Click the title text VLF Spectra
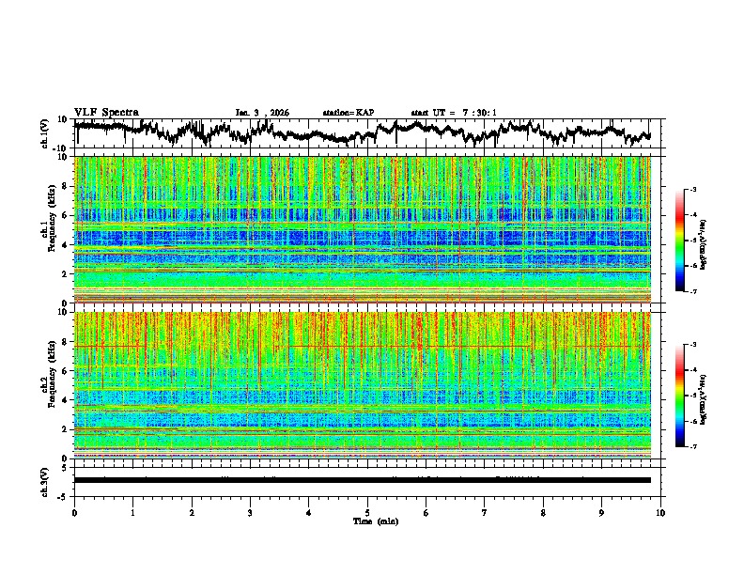tap(106, 112)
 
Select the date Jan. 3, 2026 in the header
tap(262, 113)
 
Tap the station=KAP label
tap(349, 113)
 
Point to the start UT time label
tap(454, 113)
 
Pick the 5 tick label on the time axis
tap(367, 512)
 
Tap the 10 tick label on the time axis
tap(660, 512)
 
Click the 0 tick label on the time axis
tap(74, 512)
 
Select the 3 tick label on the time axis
tap(250, 512)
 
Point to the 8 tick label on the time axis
tap(543, 512)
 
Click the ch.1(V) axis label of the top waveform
tap(44, 133)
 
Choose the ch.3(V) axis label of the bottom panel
tap(44, 480)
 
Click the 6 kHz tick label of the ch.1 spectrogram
tap(66, 216)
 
